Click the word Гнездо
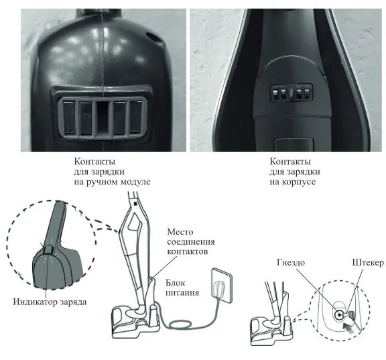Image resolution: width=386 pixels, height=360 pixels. pos(291,263)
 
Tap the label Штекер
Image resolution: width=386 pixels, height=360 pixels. pos(368,263)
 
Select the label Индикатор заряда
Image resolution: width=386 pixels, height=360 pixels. pos(50,302)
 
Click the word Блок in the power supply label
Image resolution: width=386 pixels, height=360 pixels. pos(176,283)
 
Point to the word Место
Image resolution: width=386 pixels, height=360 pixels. pos(180,232)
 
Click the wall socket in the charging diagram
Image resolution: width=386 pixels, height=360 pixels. pos(222,286)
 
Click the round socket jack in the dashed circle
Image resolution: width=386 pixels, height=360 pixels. pos(340,315)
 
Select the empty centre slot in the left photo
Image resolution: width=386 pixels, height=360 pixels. pos(103,117)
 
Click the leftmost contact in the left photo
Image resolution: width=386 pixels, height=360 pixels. pos(69,117)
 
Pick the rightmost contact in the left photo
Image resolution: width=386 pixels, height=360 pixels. pos(137,117)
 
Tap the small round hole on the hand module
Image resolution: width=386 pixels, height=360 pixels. pos(153,38)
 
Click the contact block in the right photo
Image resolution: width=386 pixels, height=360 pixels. pos(291,94)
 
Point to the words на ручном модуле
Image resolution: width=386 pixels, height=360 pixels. pos(112,182)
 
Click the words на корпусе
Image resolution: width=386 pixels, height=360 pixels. pos(292,182)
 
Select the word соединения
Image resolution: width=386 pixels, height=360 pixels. pos(191,242)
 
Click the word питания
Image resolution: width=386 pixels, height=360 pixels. pos(182,293)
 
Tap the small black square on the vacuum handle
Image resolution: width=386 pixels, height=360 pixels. pos(135,204)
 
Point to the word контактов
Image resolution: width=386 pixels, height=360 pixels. pos(188,251)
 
